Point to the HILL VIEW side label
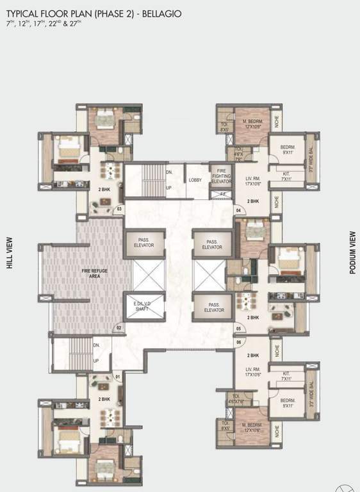pyautogui.click(x=10, y=252)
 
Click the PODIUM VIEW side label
pyautogui.click(x=352, y=252)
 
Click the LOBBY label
pyautogui.click(x=195, y=181)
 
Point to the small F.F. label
pyautogui.click(x=222, y=193)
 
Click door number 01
pyautogui.click(x=117, y=377)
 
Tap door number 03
pyautogui.click(x=118, y=209)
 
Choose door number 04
pyautogui.click(x=238, y=210)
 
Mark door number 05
pyautogui.click(x=238, y=329)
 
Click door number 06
pyautogui.click(x=238, y=342)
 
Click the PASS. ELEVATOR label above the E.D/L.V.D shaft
pyautogui.click(x=143, y=243)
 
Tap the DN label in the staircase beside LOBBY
pyautogui.click(x=169, y=172)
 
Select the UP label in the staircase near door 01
pyautogui.click(x=96, y=360)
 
